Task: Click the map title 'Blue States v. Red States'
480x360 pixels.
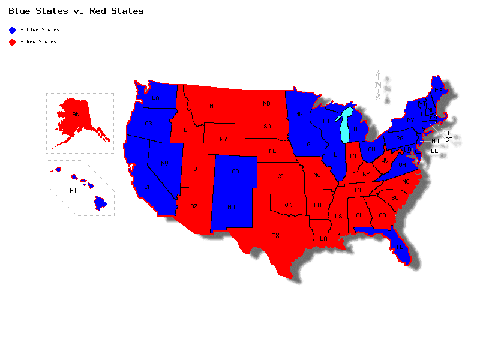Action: pyautogui.click(x=76, y=11)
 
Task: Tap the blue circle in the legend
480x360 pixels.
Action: pyautogui.click(x=12, y=29)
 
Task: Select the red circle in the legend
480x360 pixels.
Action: pyautogui.click(x=12, y=41)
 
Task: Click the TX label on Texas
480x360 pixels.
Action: pyautogui.click(x=276, y=236)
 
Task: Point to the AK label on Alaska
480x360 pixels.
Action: pyautogui.click(x=76, y=114)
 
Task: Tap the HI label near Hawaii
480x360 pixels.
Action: pyautogui.click(x=73, y=190)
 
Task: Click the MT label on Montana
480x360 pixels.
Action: pyautogui.click(x=213, y=106)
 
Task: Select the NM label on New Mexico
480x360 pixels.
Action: pyautogui.click(x=231, y=207)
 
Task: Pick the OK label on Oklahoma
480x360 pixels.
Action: pyautogui.click(x=288, y=205)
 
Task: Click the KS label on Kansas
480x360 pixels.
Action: pyautogui.click(x=280, y=176)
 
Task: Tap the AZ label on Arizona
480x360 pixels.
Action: pyautogui.click(x=194, y=206)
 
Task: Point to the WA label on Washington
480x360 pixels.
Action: pyautogui.click(x=155, y=98)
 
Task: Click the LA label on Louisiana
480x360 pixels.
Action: pyautogui.click(x=323, y=238)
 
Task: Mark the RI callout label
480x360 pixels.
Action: pyautogui.click(x=448, y=133)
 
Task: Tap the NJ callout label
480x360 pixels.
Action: pyautogui.click(x=436, y=142)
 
